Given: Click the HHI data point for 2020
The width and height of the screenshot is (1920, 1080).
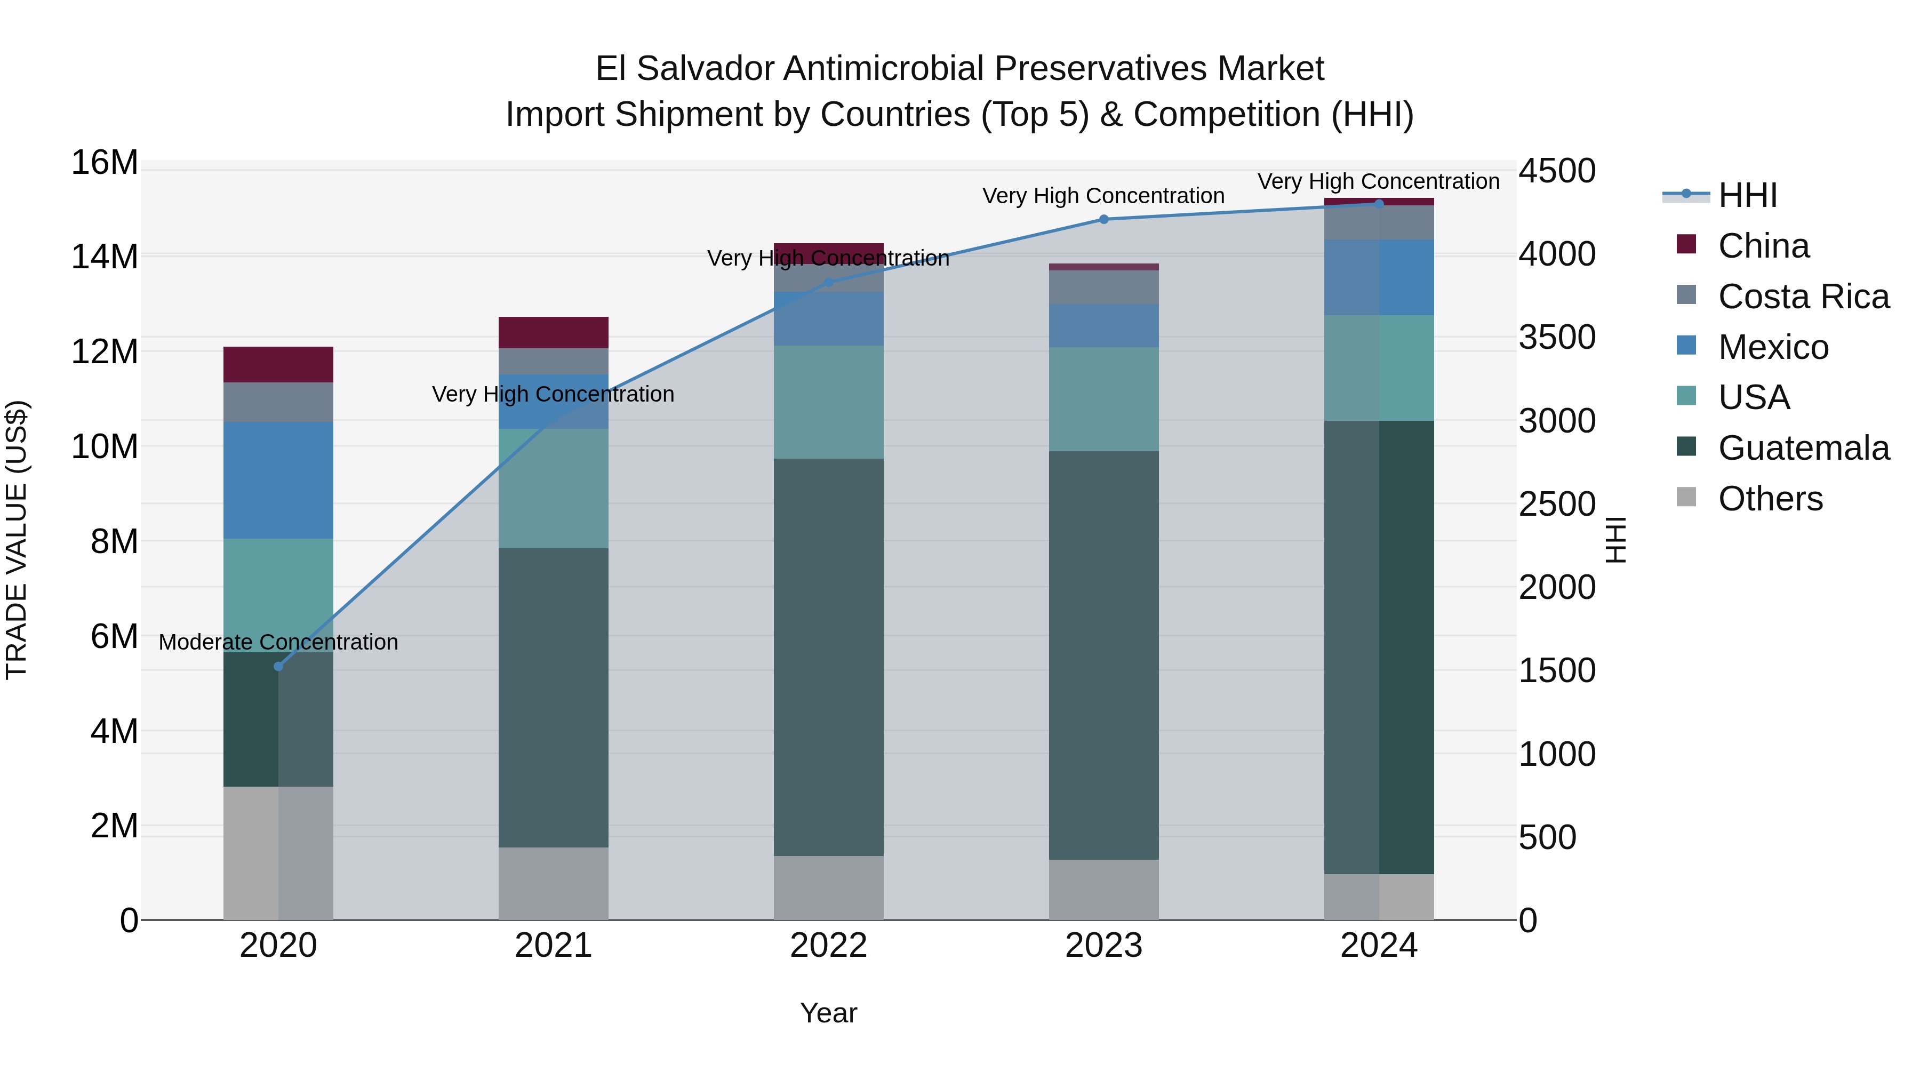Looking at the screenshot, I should [279, 666].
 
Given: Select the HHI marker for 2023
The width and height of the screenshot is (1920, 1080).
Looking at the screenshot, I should [1104, 219].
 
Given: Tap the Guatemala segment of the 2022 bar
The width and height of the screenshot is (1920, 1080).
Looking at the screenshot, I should [828, 656].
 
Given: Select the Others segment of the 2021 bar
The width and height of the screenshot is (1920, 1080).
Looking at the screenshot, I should [553, 883].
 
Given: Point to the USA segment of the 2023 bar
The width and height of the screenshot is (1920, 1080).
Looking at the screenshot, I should [1104, 399].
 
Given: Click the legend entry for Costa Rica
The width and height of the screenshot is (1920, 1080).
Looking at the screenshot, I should [1803, 297].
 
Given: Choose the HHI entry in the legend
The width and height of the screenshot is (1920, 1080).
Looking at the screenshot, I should [1747, 195].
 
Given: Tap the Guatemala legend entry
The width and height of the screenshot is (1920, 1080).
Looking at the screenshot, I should [1803, 448].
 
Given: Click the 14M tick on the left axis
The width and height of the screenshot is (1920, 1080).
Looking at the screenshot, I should [105, 257].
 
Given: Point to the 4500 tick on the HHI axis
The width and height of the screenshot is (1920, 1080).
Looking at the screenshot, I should [1557, 171].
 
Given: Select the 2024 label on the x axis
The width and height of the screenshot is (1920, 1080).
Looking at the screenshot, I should [1379, 946].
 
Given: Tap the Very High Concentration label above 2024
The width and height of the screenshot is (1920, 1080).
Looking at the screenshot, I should [1378, 181].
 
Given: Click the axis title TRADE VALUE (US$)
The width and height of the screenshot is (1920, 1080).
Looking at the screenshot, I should [17, 540].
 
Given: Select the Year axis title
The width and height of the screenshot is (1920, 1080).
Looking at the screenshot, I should [828, 1013].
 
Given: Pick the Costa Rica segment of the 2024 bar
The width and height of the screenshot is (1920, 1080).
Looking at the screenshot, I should [1379, 222].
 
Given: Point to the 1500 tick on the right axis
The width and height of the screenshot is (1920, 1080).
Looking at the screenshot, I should [1557, 671].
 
